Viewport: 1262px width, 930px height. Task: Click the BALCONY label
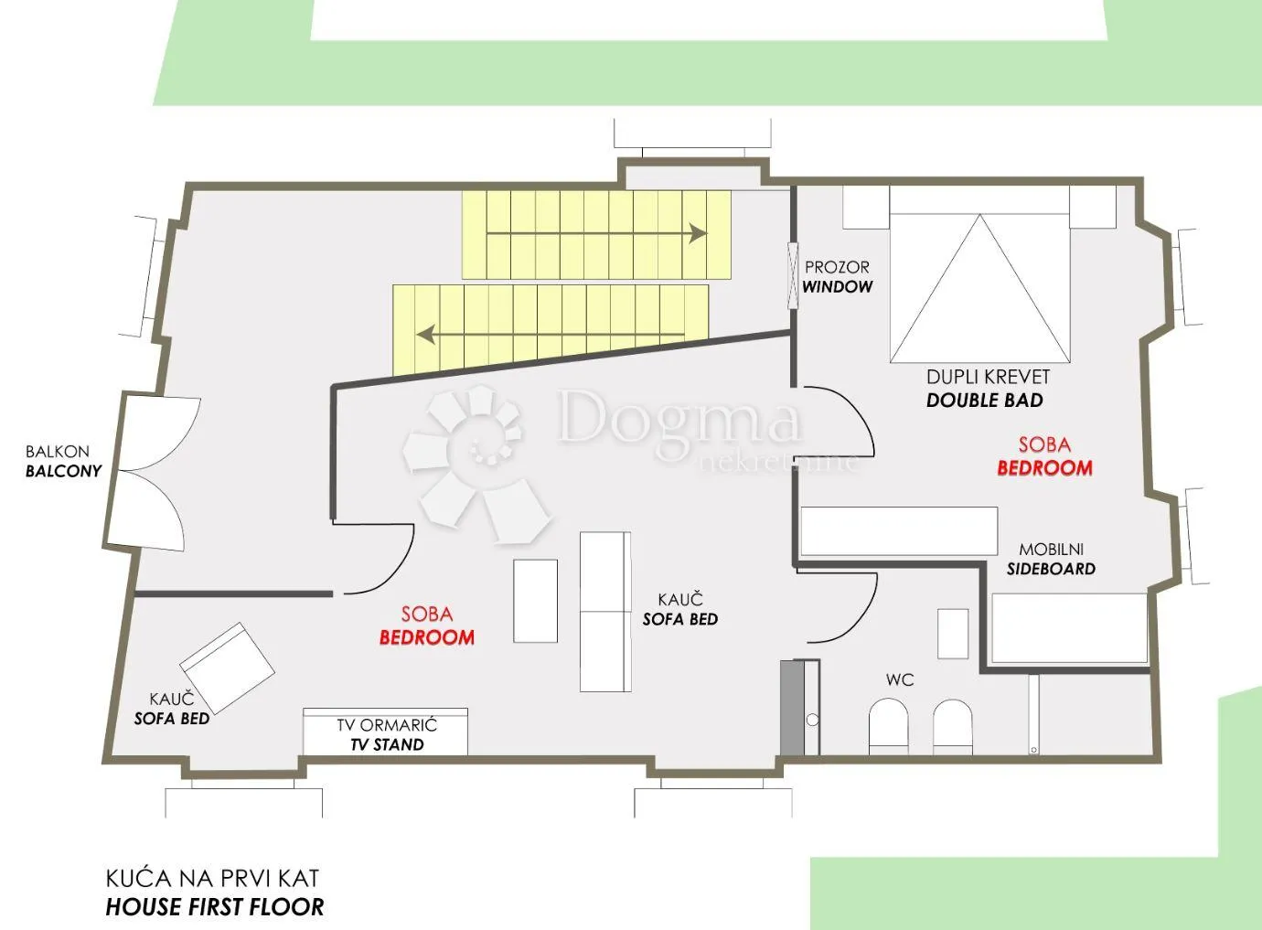pyautogui.click(x=64, y=471)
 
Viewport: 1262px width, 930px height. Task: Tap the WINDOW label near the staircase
pyautogui.click(x=837, y=287)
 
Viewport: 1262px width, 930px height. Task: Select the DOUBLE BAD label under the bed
pyautogui.click(x=984, y=401)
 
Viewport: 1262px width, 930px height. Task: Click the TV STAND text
pyautogui.click(x=387, y=744)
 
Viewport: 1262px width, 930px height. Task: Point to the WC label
pyautogui.click(x=900, y=680)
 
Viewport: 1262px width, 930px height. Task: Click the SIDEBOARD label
pyautogui.click(x=1051, y=569)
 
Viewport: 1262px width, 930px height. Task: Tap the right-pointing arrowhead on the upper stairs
pyautogui.click(x=699, y=233)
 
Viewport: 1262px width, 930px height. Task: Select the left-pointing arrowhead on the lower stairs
pyautogui.click(x=425, y=334)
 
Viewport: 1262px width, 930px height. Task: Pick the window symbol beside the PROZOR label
pyautogui.click(x=793, y=276)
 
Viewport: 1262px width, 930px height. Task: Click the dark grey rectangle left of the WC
pyautogui.click(x=792, y=708)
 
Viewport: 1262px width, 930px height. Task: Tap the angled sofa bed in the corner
pyautogui.click(x=228, y=668)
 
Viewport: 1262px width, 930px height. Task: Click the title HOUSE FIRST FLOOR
pyautogui.click(x=215, y=907)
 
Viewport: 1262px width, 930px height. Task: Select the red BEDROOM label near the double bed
pyautogui.click(x=1044, y=468)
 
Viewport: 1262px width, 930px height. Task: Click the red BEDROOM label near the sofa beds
pyautogui.click(x=426, y=637)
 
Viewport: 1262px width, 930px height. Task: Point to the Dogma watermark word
pyautogui.click(x=680, y=417)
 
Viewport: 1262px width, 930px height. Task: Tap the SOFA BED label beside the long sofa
pyautogui.click(x=680, y=619)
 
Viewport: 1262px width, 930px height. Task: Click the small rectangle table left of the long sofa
pyautogui.click(x=535, y=601)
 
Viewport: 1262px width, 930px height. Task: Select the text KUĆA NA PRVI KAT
pyautogui.click(x=212, y=878)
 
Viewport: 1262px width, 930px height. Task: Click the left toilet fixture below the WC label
pyautogui.click(x=888, y=727)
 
